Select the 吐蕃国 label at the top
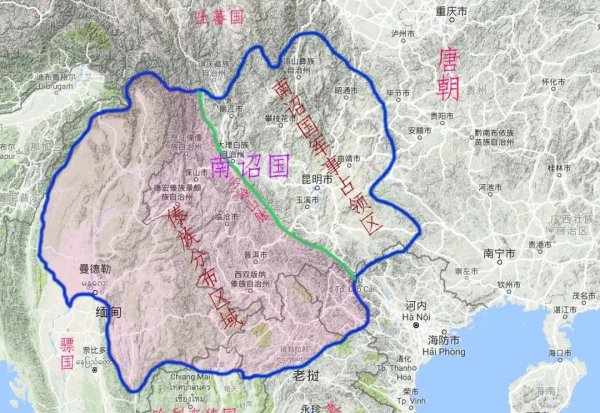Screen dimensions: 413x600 (220, 17)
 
